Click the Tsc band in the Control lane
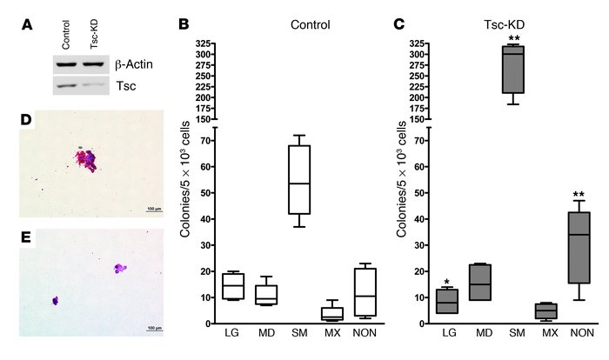[67, 84]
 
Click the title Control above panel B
[309, 24]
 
